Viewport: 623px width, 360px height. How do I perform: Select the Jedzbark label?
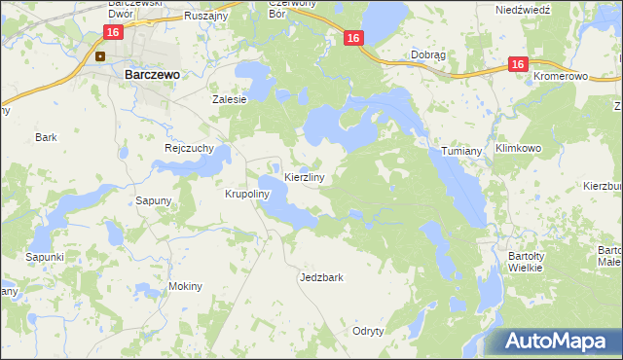click(321, 277)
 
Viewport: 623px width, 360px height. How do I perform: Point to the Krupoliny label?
click(246, 194)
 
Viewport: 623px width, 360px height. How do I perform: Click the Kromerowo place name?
click(563, 75)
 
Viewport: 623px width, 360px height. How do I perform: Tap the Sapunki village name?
click(45, 256)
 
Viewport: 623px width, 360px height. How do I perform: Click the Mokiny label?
click(185, 286)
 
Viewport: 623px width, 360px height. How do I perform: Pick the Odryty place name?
click(369, 331)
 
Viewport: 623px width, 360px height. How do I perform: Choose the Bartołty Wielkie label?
click(531, 263)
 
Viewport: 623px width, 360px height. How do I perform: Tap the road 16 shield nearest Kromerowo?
click(517, 64)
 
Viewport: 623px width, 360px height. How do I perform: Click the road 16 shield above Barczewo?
click(113, 32)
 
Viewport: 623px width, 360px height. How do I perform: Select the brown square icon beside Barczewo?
click(99, 55)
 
